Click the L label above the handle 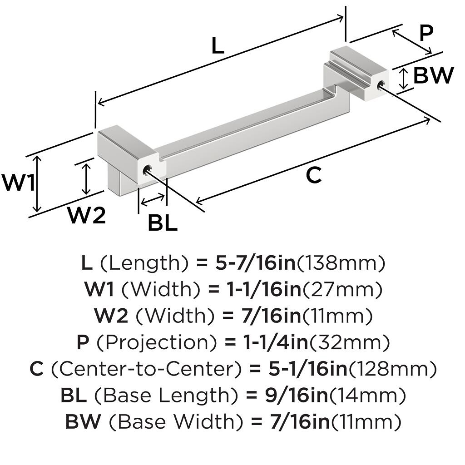(x=218, y=46)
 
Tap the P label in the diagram (x=426, y=33)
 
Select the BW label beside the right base (x=434, y=75)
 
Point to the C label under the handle (x=313, y=175)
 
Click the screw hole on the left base (x=146, y=170)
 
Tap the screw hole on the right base (x=381, y=84)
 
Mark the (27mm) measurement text (x=342, y=289)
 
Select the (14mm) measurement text (x=367, y=396)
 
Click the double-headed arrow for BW (x=402, y=79)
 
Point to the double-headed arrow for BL (x=153, y=199)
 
